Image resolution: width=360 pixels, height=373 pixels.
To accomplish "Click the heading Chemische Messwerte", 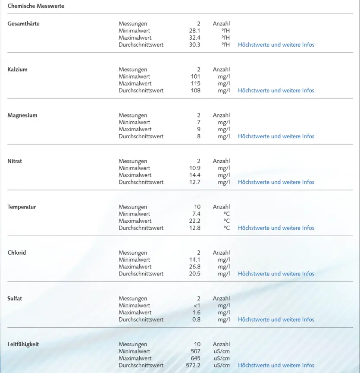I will [x=36, y=6].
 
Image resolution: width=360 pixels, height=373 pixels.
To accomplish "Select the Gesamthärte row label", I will [x=23, y=24].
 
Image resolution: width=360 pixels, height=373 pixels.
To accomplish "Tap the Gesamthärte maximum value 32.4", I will [x=194, y=38].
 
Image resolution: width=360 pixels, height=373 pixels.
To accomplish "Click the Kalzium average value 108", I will [x=195, y=91].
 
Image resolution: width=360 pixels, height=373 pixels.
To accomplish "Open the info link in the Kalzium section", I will [x=276, y=91].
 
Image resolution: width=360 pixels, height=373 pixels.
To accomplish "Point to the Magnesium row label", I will [x=22, y=115].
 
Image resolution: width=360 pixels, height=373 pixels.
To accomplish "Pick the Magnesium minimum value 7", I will [x=198, y=122].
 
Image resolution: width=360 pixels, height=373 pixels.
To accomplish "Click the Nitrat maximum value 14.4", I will [x=194, y=175].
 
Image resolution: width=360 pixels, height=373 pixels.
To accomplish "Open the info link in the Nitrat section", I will [x=276, y=182].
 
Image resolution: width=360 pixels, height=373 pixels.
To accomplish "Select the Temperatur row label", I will [x=22, y=207].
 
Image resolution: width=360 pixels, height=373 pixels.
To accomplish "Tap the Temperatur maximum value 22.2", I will [x=194, y=221].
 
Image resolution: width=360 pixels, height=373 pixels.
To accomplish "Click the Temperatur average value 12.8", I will [x=194, y=228].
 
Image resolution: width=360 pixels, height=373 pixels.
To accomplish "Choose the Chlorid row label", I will [x=17, y=253].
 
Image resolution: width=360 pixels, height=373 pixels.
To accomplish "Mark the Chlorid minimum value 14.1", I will [x=194, y=260].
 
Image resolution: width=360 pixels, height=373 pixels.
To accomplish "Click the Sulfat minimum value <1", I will [x=197, y=306].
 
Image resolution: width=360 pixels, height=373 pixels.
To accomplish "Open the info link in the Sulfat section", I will [x=276, y=319].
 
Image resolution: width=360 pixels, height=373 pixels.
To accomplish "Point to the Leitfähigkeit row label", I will [x=23, y=344].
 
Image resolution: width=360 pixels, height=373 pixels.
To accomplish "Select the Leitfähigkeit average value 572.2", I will [x=193, y=365].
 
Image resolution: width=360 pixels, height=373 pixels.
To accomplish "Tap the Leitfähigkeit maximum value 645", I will [x=195, y=358].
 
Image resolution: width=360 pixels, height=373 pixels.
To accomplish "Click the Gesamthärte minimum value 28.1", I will [x=194, y=31].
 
